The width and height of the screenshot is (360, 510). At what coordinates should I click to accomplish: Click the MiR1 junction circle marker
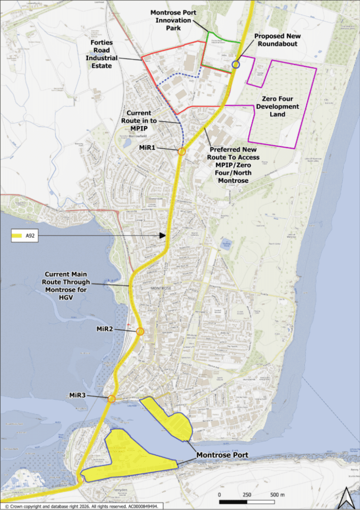click(x=182, y=151)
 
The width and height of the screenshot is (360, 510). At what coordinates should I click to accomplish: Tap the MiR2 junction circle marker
click(x=140, y=332)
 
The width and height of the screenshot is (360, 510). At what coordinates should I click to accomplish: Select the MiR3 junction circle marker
click(x=112, y=398)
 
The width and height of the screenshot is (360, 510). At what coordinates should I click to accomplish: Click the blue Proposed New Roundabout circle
click(x=236, y=64)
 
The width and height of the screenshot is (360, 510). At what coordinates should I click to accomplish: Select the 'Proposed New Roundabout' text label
click(x=282, y=40)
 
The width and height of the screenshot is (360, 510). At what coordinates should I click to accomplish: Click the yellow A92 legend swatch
click(x=21, y=236)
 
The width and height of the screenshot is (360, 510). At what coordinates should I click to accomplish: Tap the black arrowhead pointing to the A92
click(x=162, y=236)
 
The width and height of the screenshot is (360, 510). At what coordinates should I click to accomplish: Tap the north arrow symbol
click(x=345, y=497)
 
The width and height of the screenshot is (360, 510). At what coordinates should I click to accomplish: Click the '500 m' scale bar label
click(x=278, y=495)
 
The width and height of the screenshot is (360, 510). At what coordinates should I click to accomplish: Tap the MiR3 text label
click(x=78, y=395)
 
